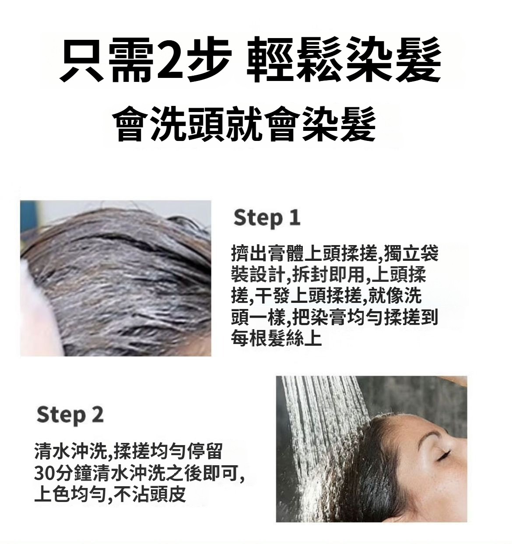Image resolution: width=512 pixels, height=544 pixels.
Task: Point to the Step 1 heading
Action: tap(267, 218)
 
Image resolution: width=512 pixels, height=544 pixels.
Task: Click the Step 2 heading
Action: tap(70, 415)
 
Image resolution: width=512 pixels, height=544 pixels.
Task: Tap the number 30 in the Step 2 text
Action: tap(45, 473)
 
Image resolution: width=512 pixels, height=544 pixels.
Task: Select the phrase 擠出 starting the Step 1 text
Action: tap(249, 253)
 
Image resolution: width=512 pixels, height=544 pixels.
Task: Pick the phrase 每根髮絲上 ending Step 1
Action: tap(276, 338)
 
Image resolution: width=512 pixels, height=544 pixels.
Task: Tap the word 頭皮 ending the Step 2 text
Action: tap(168, 495)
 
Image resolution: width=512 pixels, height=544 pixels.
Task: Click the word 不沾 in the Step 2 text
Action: tap(131, 495)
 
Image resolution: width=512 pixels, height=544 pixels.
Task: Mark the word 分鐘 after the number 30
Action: tap(74, 473)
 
